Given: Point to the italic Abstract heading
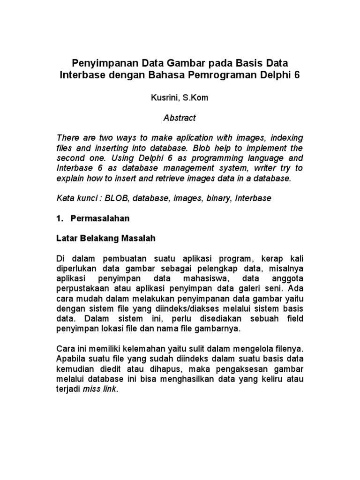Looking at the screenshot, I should click(x=180, y=119).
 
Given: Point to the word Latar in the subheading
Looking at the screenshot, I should click(x=66, y=239).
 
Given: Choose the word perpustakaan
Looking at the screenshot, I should click(x=81, y=288).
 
